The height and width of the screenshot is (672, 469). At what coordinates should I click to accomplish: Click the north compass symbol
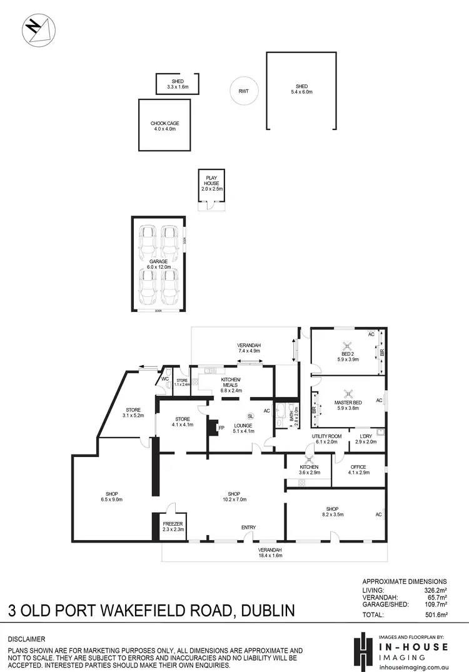pos(39,30)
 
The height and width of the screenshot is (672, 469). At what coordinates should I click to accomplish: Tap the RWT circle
pos(244,91)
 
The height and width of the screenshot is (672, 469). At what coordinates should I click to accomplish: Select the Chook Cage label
pos(164,126)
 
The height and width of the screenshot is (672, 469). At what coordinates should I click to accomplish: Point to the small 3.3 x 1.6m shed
pos(177,84)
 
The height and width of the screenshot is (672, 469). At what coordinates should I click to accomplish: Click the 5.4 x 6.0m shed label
pos(303,89)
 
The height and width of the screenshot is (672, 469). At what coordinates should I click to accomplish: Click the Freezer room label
pos(172,526)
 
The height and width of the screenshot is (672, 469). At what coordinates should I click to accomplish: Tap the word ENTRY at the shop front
pos(248,528)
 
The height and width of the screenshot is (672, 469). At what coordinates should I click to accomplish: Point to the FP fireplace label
pos(221,428)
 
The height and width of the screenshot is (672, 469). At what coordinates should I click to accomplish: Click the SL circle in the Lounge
pos(250,416)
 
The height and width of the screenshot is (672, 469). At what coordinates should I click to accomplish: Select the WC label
pos(165,379)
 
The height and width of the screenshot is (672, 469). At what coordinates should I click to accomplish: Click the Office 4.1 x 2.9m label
pos(358,469)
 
